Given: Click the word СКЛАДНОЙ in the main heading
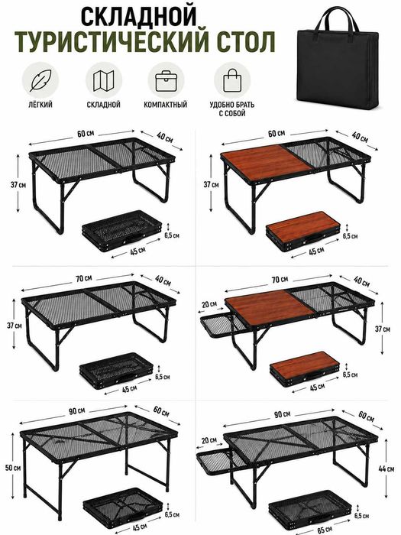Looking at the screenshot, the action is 139,16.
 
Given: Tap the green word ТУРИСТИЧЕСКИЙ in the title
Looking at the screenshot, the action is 112,41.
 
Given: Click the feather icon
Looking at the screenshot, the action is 40,80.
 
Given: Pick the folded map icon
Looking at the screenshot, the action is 103,80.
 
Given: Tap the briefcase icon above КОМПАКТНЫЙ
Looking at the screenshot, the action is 166,81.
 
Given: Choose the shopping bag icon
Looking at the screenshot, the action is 232,79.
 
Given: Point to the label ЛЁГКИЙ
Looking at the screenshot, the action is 40,105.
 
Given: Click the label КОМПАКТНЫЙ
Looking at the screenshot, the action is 166,105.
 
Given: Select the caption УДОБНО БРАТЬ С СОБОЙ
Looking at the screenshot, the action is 232,109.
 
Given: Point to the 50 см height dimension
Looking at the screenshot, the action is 13,468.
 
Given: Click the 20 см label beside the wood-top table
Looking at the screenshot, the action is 209,304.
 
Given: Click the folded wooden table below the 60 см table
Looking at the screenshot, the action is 303,231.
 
